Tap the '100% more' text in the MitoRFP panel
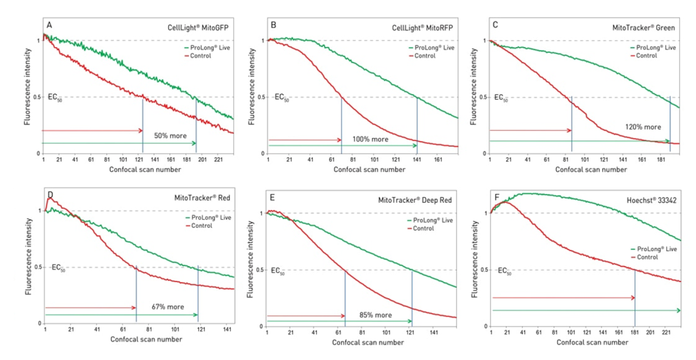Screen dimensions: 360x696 click(x=371, y=139)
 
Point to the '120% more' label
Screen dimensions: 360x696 click(x=643, y=127)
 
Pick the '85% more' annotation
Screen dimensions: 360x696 click(x=374, y=315)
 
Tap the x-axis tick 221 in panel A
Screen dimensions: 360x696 click(x=218, y=160)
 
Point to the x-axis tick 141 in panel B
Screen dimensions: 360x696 click(x=417, y=160)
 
